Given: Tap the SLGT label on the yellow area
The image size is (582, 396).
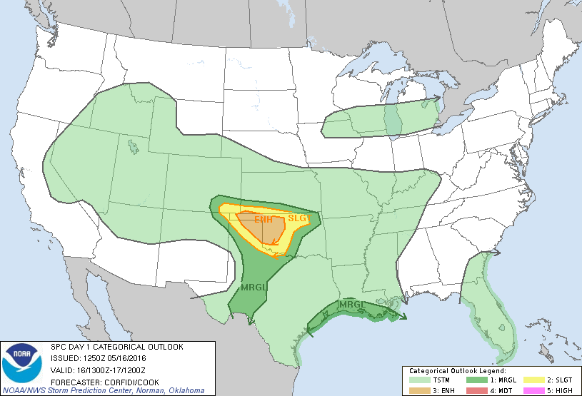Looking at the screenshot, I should pyautogui.click(x=296, y=218).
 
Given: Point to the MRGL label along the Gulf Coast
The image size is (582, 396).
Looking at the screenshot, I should pyautogui.click(x=351, y=305).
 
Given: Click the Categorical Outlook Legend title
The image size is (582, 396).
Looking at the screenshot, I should pyautogui.click(x=457, y=371).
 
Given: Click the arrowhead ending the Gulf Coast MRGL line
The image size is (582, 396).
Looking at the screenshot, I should pyautogui.click(x=404, y=318).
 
